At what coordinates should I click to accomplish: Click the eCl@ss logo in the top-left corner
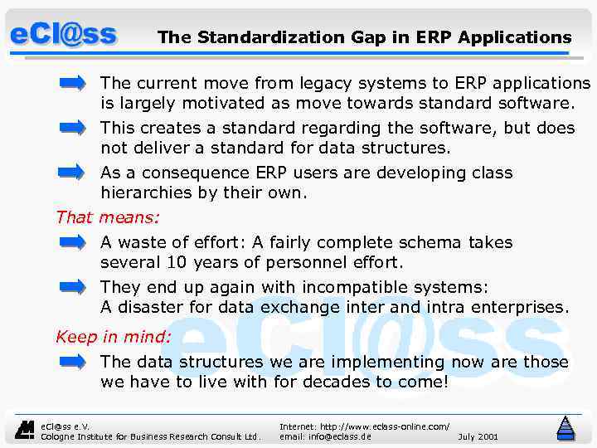pyautogui.click(x=63, y=35)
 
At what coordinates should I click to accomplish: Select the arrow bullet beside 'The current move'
pyautogui.click(x=72, y=83)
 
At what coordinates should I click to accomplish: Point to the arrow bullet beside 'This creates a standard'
pyautogui.click(x=72, y=128)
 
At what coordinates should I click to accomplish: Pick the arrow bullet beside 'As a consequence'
pyautogui.click(x=72, y=173)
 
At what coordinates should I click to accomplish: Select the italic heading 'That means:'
pyautogui.click(x=108, y=217)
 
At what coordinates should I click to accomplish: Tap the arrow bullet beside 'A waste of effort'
pyautogui.click(x=72, y=242)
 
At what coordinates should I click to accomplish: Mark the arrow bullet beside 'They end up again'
pyautogui.click(x=72, y=287)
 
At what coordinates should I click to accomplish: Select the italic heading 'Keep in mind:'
pyautogui.click(x=114, y=337)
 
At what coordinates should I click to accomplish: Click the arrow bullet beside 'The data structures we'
pyautogui.click(x=72, y=362)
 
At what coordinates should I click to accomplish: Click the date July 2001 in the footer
pyautogui.click(x=478, y=436)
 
